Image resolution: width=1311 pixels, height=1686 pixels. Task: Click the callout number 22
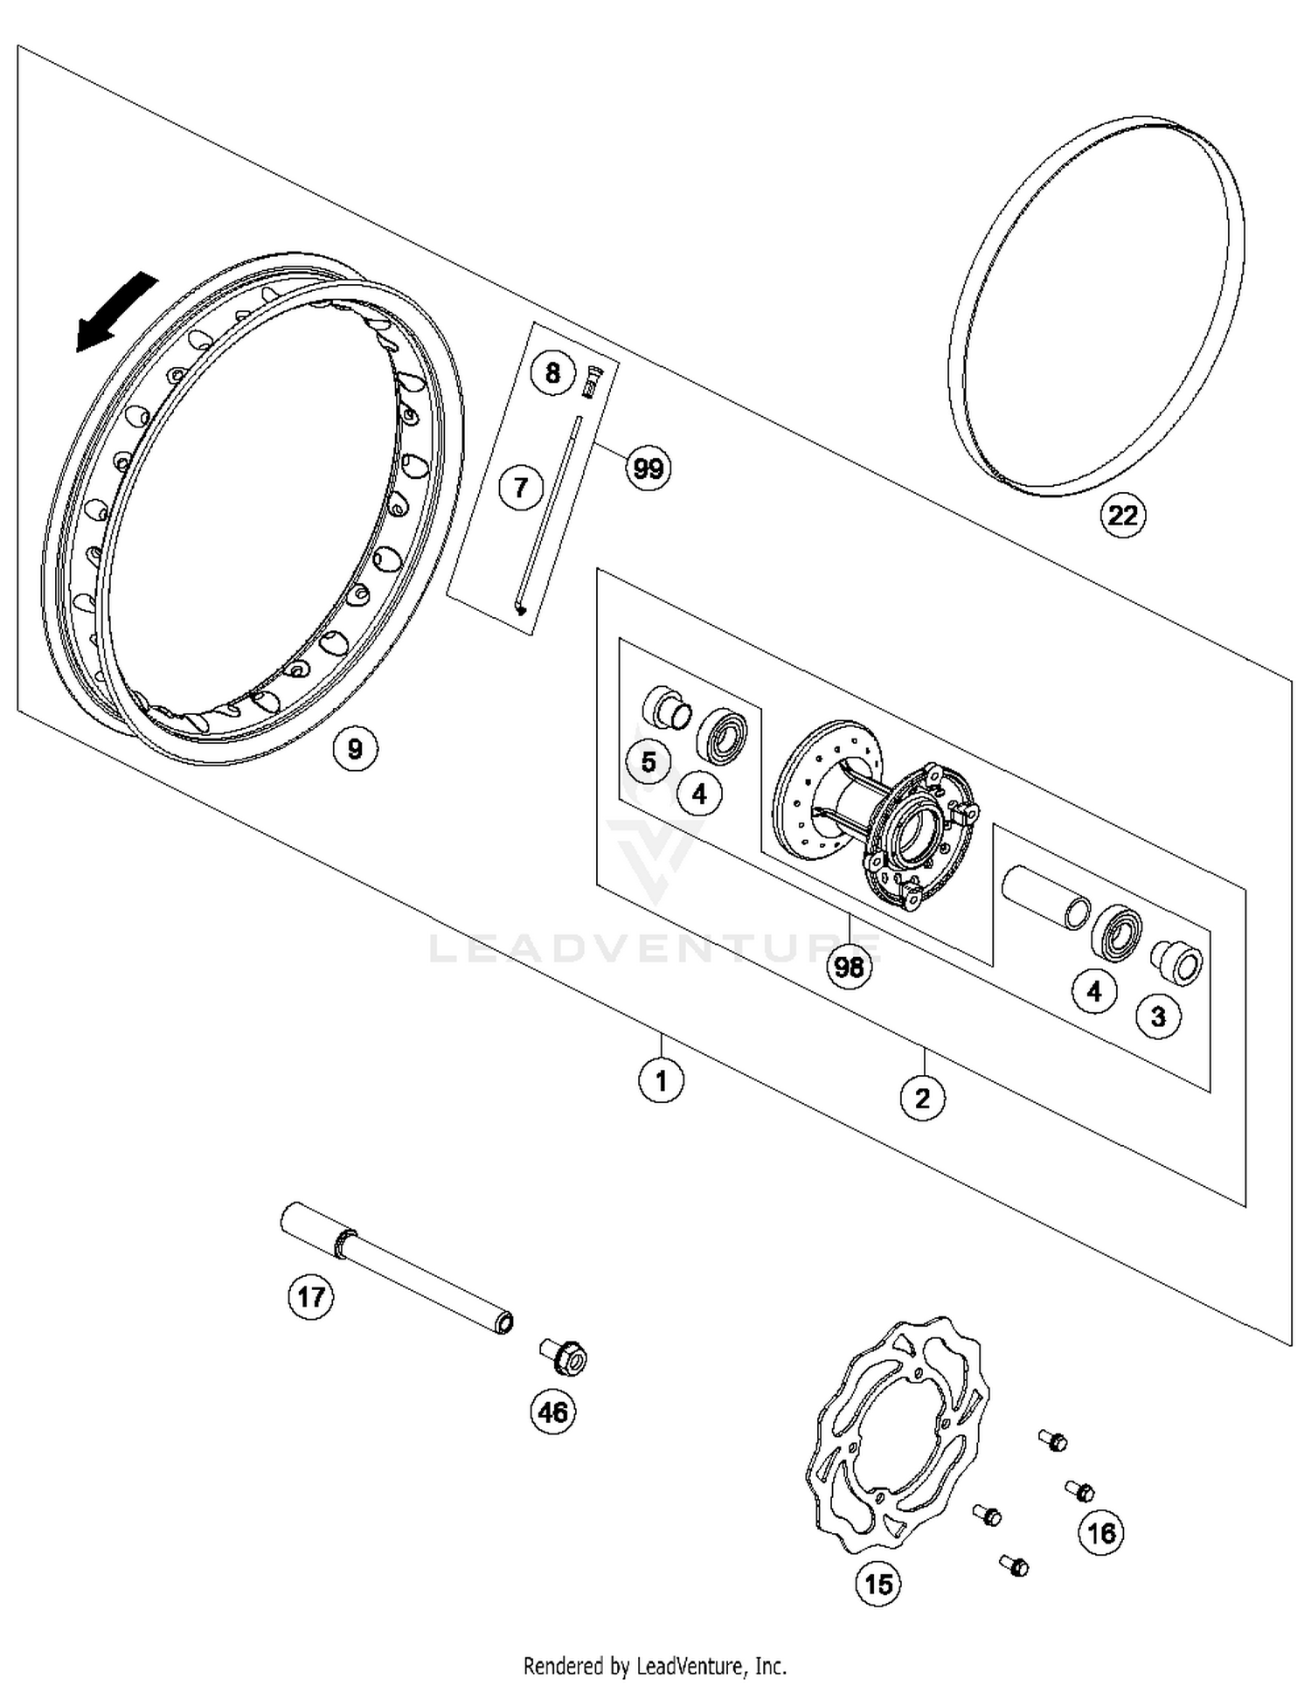click(x=1122, y=515)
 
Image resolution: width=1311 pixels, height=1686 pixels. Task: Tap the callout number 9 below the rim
click(x=355, y=748)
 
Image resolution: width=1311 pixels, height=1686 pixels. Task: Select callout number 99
click(x=649, y=468)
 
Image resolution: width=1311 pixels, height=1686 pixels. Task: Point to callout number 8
click(x=552, y=373)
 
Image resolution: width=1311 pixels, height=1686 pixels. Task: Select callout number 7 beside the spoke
click(x=521, y=487)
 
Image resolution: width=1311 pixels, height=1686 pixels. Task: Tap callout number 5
click(x=649, y=762)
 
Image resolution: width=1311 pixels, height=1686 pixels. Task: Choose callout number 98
click(x=849, y=967)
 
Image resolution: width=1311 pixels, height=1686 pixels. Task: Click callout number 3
click(x=1158, y=1016)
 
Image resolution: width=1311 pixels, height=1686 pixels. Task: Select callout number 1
click(x=661, y=1080)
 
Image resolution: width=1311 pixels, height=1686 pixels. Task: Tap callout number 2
click(x=923, y=1097)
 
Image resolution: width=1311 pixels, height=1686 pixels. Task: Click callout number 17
click(x=311, y=1296)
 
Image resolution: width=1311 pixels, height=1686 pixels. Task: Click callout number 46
click(x=553, y=1412)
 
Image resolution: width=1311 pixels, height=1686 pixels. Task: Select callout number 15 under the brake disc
click(x=878, y=1583)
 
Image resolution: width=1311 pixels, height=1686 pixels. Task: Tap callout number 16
click(x=1101, y=1532)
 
